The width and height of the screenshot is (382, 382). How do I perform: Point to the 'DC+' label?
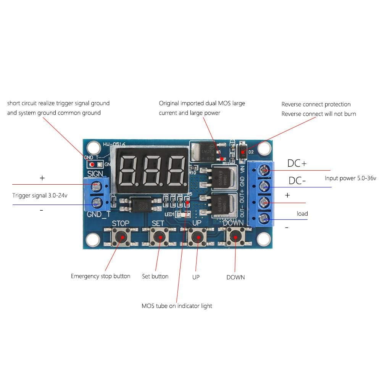(297, 163)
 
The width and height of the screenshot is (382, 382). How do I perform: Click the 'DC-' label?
(297, 181)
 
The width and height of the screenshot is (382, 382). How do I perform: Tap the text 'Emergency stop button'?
(100, 276)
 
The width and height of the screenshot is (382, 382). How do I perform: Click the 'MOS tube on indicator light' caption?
(177, 306)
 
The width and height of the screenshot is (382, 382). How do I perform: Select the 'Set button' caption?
(155, 276)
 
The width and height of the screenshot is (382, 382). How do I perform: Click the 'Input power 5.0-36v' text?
(350, 178)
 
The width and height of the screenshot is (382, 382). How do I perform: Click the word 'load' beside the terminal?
(302, 213)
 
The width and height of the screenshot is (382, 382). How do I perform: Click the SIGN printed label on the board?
(95, 174)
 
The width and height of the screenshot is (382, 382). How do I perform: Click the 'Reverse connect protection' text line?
(316, 104)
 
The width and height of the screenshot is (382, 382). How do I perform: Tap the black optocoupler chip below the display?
(142, 204)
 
